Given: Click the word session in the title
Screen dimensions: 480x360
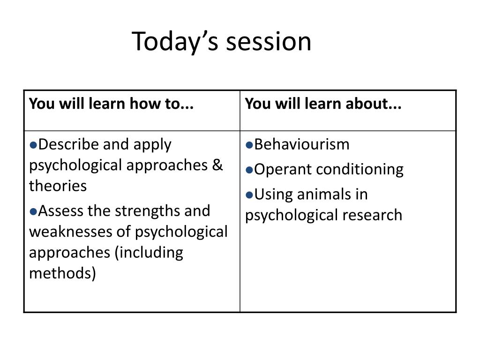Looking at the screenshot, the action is (269, 42).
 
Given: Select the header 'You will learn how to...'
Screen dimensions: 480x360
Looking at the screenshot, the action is (112, 104).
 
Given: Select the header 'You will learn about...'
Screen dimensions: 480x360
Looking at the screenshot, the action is (323, 104).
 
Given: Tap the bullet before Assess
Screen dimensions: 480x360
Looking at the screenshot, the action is (33, 211).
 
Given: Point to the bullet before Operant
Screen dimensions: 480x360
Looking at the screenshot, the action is (249, 170).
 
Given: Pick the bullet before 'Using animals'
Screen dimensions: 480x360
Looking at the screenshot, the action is (249, 195).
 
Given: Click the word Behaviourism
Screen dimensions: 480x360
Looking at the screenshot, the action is (302, 144).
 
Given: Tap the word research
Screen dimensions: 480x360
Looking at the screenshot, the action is (372, 215).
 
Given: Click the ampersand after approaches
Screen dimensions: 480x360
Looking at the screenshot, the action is (217, 165).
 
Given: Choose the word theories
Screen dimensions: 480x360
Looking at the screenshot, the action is (58, 186).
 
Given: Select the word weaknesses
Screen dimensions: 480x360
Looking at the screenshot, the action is (71, 232).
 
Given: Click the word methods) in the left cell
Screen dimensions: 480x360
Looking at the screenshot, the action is (62, 273).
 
